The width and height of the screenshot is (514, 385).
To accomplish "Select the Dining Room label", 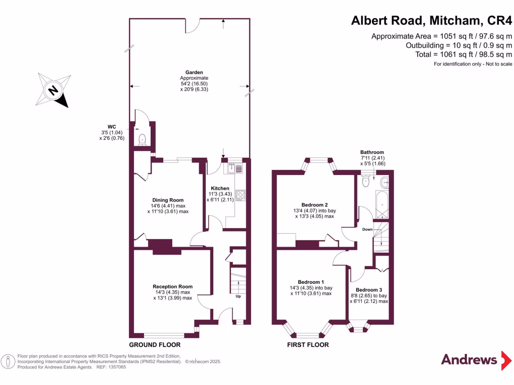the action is pos(168,200).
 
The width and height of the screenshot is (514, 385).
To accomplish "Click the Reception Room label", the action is pos(173,287).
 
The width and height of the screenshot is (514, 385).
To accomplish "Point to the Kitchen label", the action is pos(220,188).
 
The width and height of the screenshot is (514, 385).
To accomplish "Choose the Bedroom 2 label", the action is pos(315,205).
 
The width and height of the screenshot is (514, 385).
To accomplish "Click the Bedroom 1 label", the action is pos(311,282).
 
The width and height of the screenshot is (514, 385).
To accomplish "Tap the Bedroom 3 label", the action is pos(369,290).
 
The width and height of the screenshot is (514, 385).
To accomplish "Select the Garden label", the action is pos(194,73).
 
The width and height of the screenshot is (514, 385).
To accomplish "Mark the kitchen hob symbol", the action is pos(240,195).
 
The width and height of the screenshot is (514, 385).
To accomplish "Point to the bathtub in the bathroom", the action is pos(382,205).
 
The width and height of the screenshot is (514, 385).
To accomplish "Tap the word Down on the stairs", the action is pos(368,230).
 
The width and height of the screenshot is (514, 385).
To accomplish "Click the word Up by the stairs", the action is pos(238,296).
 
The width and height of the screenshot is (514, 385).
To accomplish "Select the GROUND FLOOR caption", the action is pos(155,345).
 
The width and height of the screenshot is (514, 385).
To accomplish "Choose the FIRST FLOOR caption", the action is pos(308,345).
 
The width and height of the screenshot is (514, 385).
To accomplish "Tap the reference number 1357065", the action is pos(115,367).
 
